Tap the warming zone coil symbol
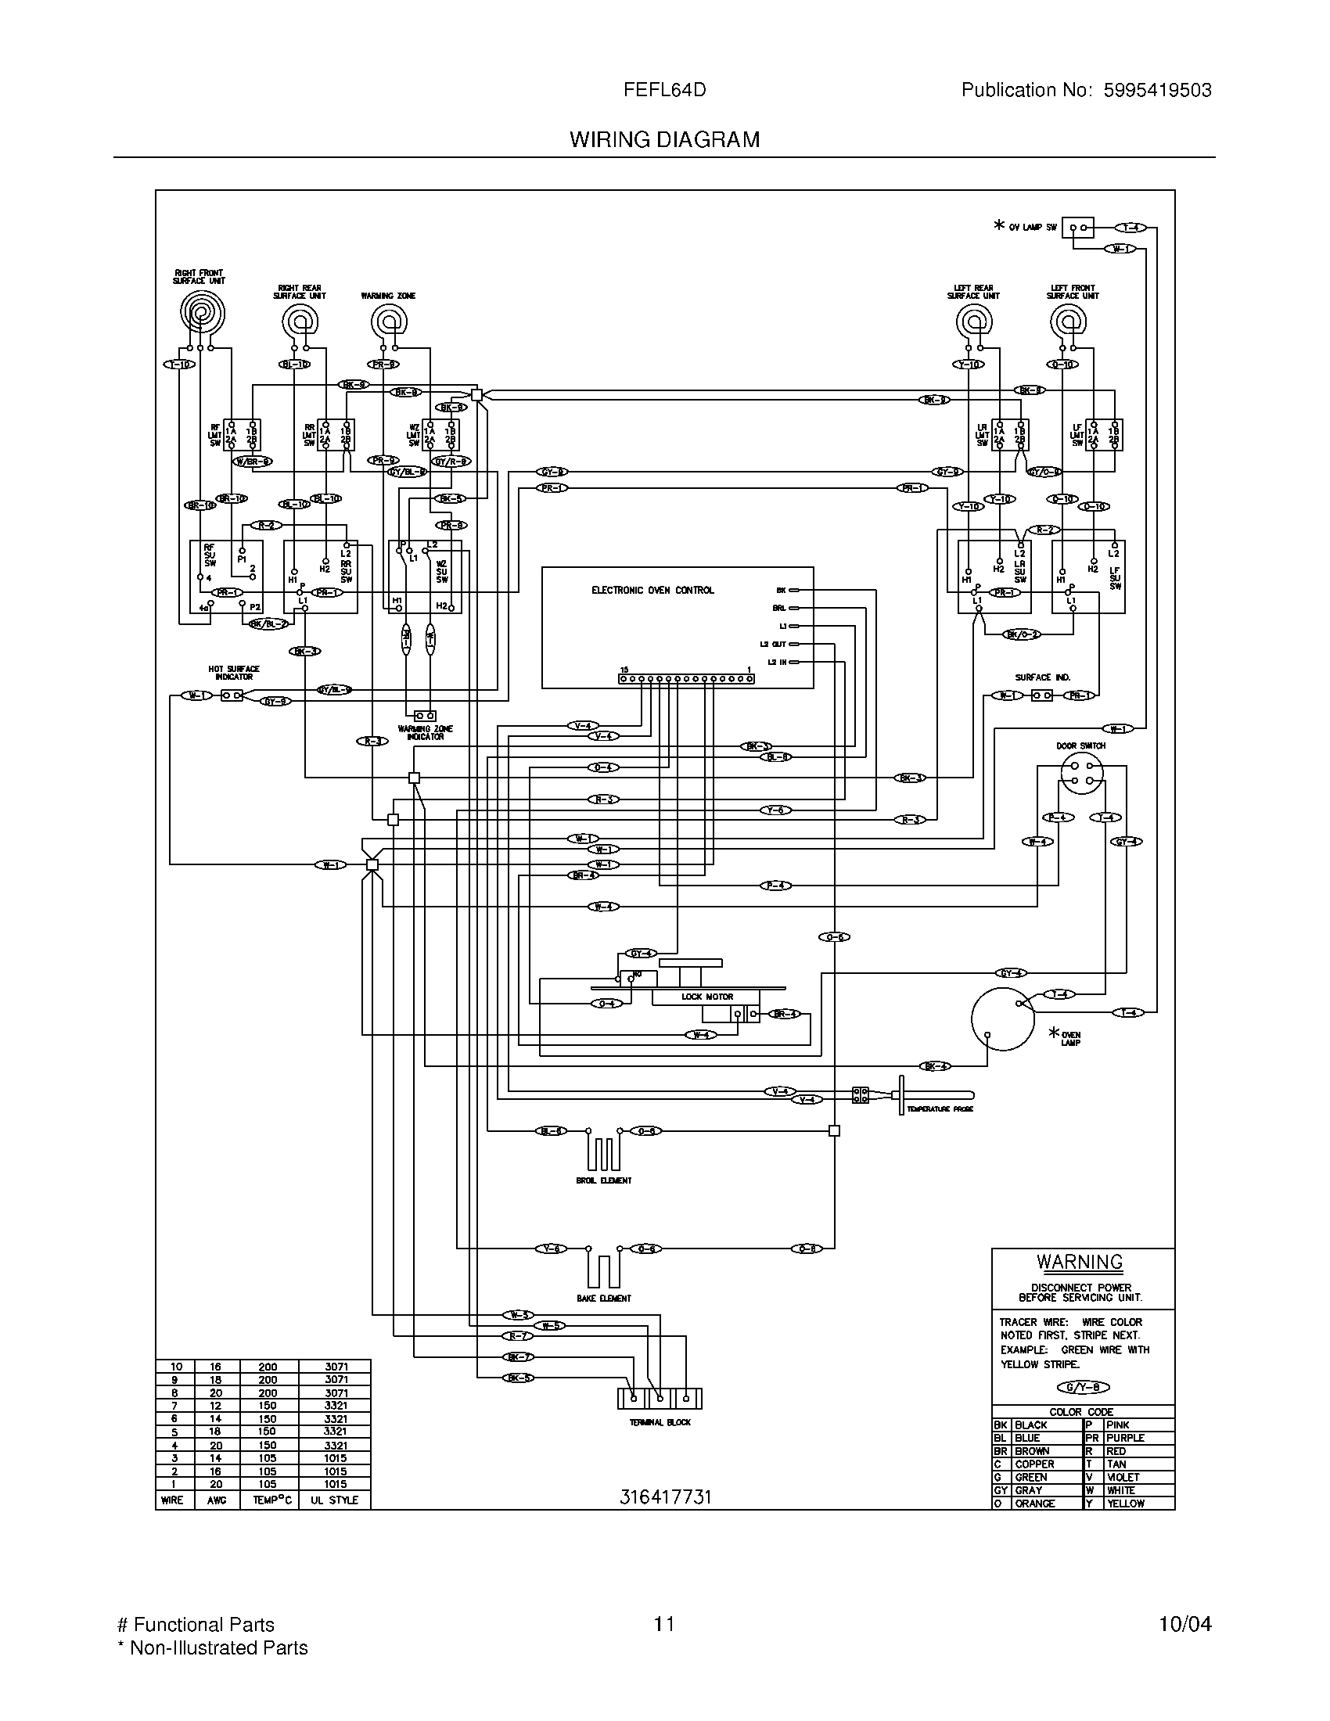coord(387,322)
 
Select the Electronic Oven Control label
coord(652,589)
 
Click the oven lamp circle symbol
coord(1002,1018)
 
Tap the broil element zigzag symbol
coord(603,1152)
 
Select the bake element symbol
coord(603,1270)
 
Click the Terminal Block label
coord(660,1422)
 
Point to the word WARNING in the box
coord(1079,1262)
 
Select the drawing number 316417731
coord(665,1497)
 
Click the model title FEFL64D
coord(664,90)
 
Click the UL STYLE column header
coord(334,1500)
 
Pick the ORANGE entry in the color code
coord(1033,1504)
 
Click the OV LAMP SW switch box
coord(1077,228)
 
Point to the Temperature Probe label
coord(939,1109)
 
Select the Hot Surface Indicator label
coord(233,672)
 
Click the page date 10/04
coord(1184,1624)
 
